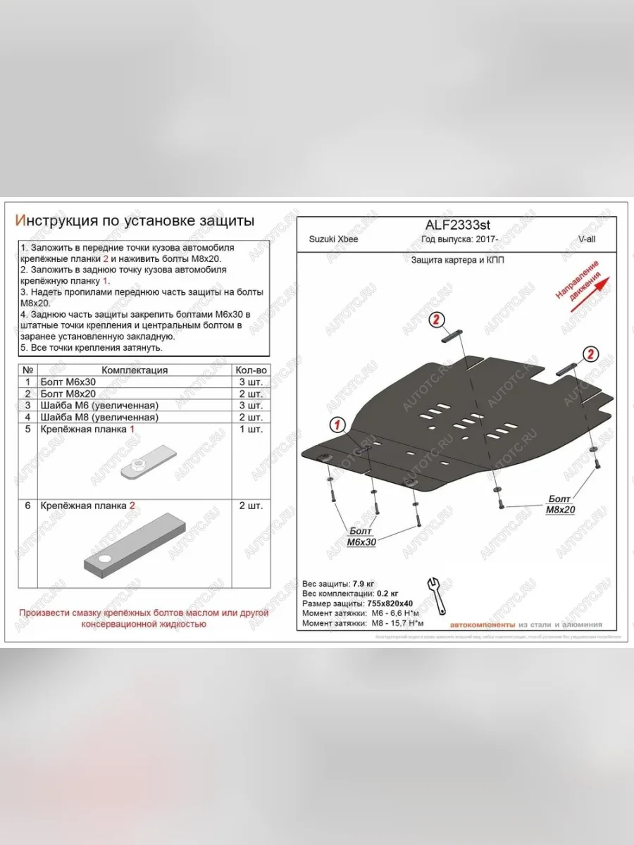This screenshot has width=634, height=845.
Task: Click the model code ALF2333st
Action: [457, 225]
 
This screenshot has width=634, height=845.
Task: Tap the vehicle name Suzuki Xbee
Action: [333, 239]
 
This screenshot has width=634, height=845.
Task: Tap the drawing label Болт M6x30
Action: [361, 537]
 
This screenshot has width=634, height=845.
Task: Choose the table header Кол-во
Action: [251, 370]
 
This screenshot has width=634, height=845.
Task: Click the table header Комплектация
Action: [135, 370]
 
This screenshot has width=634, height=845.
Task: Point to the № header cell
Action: [28, 370]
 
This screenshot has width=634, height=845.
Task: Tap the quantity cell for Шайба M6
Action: [251, 406]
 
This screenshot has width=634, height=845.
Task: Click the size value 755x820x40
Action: [390, 604]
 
